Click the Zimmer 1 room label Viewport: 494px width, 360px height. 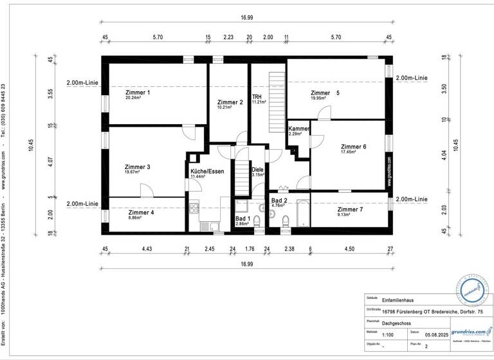(x=138, y=93)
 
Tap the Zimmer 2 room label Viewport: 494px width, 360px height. (x=230, y=102)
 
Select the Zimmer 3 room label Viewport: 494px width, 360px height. (x=137, y=167)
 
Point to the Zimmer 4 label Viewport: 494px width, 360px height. (x=141, y=213)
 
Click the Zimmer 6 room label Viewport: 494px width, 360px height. (x=353, y=147)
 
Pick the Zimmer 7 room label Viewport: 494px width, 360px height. (x=350, y=210)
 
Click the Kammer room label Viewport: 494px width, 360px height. (x=299, y=129)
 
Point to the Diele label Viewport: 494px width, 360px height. (x=257, y=170)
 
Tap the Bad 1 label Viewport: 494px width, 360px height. (x=242, y=219)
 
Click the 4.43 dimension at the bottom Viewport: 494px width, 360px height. (x=147, y=249)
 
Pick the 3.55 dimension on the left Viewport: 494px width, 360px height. (x=50, y=94)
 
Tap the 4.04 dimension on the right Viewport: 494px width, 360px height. (x=444, y=155)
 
